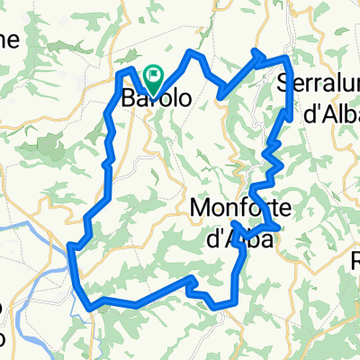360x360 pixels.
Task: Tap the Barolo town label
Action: click(156, 99)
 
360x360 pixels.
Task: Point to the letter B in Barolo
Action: click(129, 99)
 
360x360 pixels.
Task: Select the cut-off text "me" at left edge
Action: click(8, 40)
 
